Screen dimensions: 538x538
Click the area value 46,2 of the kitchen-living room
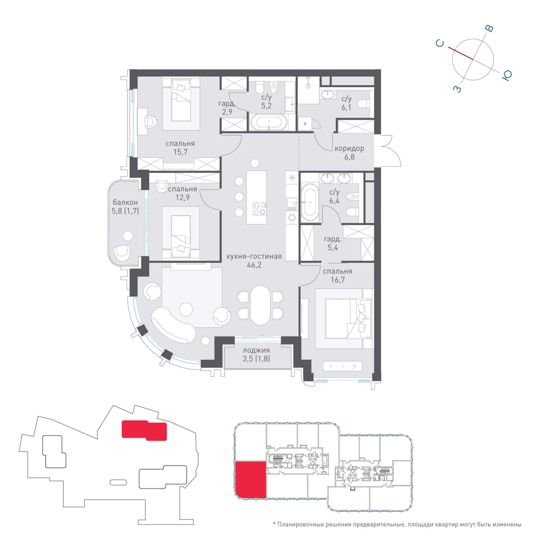(254, 265)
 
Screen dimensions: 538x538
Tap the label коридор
(349, 149)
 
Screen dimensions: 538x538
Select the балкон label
(125, 202)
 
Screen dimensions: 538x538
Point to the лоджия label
(256, 350)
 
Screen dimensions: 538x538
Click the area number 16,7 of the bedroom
(338, 280)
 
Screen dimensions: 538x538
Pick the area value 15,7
(180, 152)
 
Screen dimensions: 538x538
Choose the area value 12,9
(182, 198)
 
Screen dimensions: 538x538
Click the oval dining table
(260, 305)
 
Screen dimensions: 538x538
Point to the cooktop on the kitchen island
(259, 209)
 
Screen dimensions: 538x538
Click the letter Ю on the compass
(507, 75)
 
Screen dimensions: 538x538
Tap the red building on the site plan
(144, 430)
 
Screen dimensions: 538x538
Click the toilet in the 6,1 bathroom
(363, 104)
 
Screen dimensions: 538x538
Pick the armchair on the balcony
(122, 253)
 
